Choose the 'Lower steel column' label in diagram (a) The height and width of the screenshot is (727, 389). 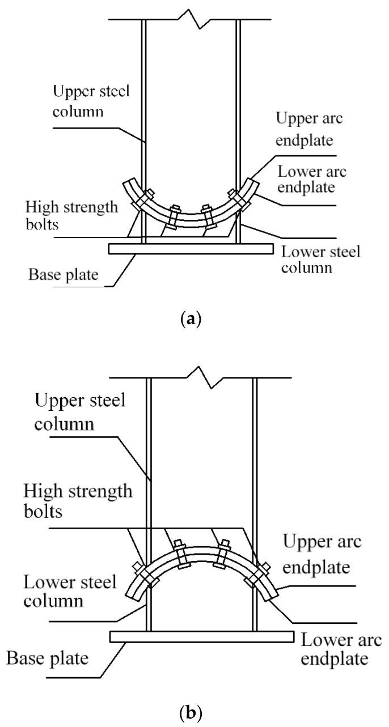pyautogui.click(x=320, y=259)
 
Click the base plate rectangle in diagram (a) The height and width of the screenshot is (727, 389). pyautogui.click(x=192, y=249)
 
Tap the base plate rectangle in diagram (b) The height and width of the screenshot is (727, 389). pyautogui.click(x=201, y=637)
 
